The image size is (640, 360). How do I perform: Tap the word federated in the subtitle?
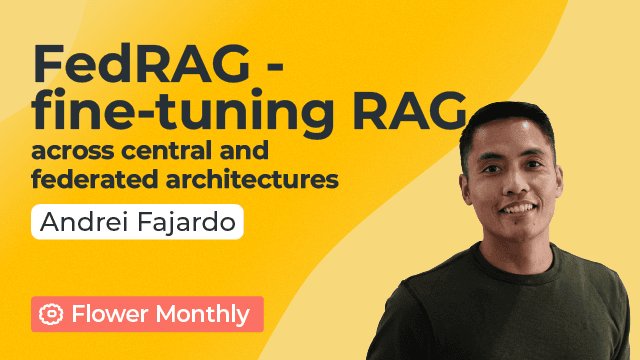click(84, 181)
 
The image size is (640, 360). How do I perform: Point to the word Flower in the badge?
click(106, 314)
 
